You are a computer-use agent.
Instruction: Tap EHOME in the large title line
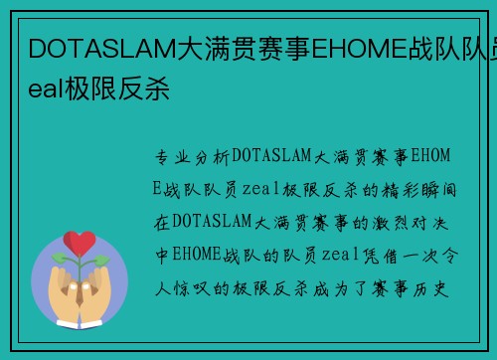pyautogui.click(x=355, y=46)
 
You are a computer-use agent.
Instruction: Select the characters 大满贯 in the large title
pyautogui.click(x=212, y=46)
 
